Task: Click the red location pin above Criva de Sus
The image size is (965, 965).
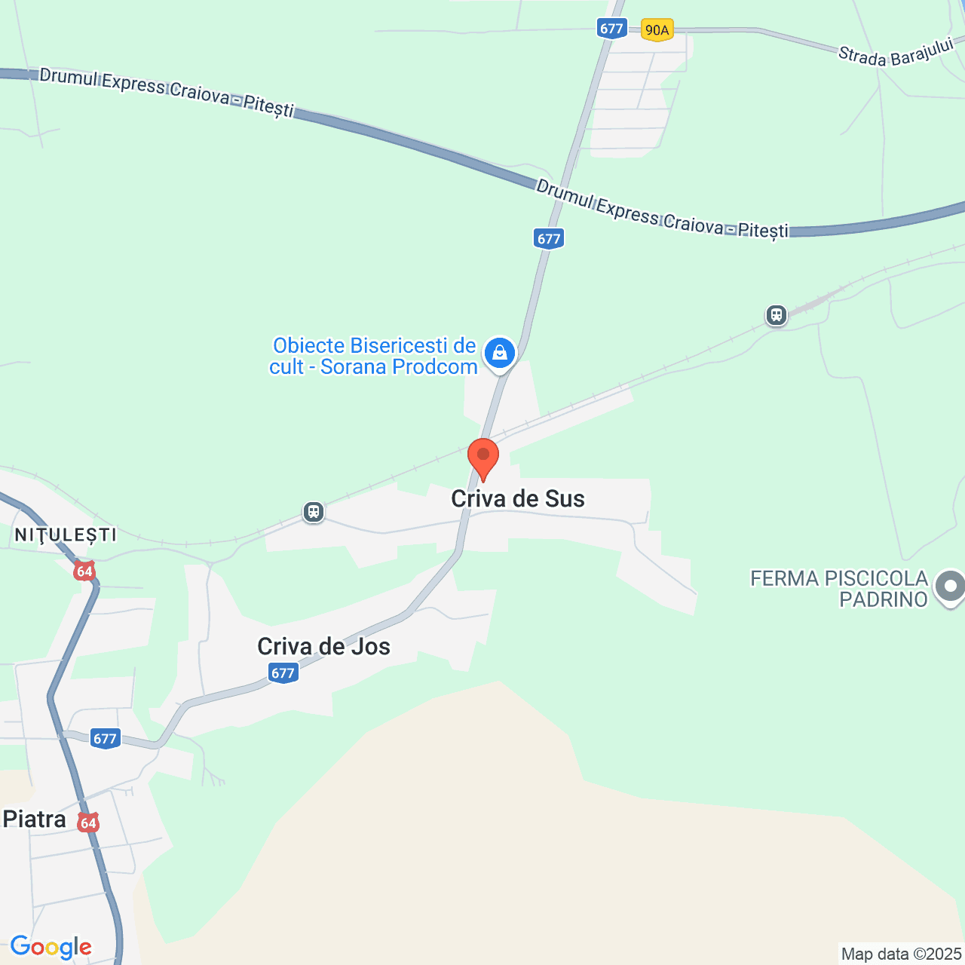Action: click(x=483, y=457)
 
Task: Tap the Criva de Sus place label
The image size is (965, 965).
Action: click(x=518, y=498)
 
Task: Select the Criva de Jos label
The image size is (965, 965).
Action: click(x=323, y=646)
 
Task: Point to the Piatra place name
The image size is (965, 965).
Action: click(x=35, y=819)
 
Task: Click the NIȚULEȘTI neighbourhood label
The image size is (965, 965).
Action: click(x=66, y=535)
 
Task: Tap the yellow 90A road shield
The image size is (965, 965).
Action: click(x=657, y=30)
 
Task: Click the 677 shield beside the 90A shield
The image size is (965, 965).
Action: click(x=611, y=29)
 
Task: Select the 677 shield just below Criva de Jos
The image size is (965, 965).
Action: click(x=283, y=672)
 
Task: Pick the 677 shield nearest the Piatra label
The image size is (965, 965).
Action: click(x=105, y=739)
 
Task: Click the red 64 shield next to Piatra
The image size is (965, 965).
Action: click(x=88, y=823)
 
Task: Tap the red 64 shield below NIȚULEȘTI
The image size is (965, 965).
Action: click(x=84, y=571)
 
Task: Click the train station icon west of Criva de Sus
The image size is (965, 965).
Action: click(x=313, y=513)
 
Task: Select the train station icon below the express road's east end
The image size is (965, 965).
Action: click(x=777, y=315)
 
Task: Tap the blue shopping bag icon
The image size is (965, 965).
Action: click(x=499, y=353)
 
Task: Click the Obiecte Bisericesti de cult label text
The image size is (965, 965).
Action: click(x=374, y=356)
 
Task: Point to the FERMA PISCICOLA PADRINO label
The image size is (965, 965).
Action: click(x=839, y=589)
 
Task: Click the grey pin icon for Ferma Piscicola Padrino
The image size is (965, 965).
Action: click(x=950, y=587)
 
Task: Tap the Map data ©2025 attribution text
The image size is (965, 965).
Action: click(x=901, y=954)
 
